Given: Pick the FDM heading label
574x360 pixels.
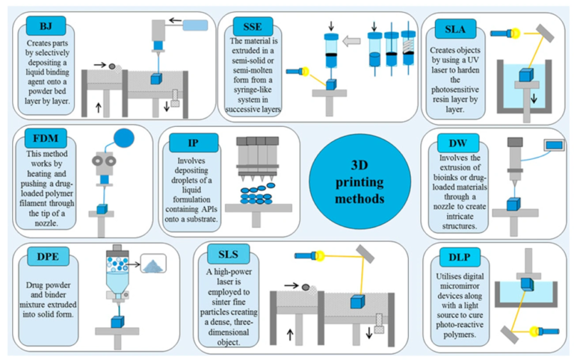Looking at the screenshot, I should pos(46,139).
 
